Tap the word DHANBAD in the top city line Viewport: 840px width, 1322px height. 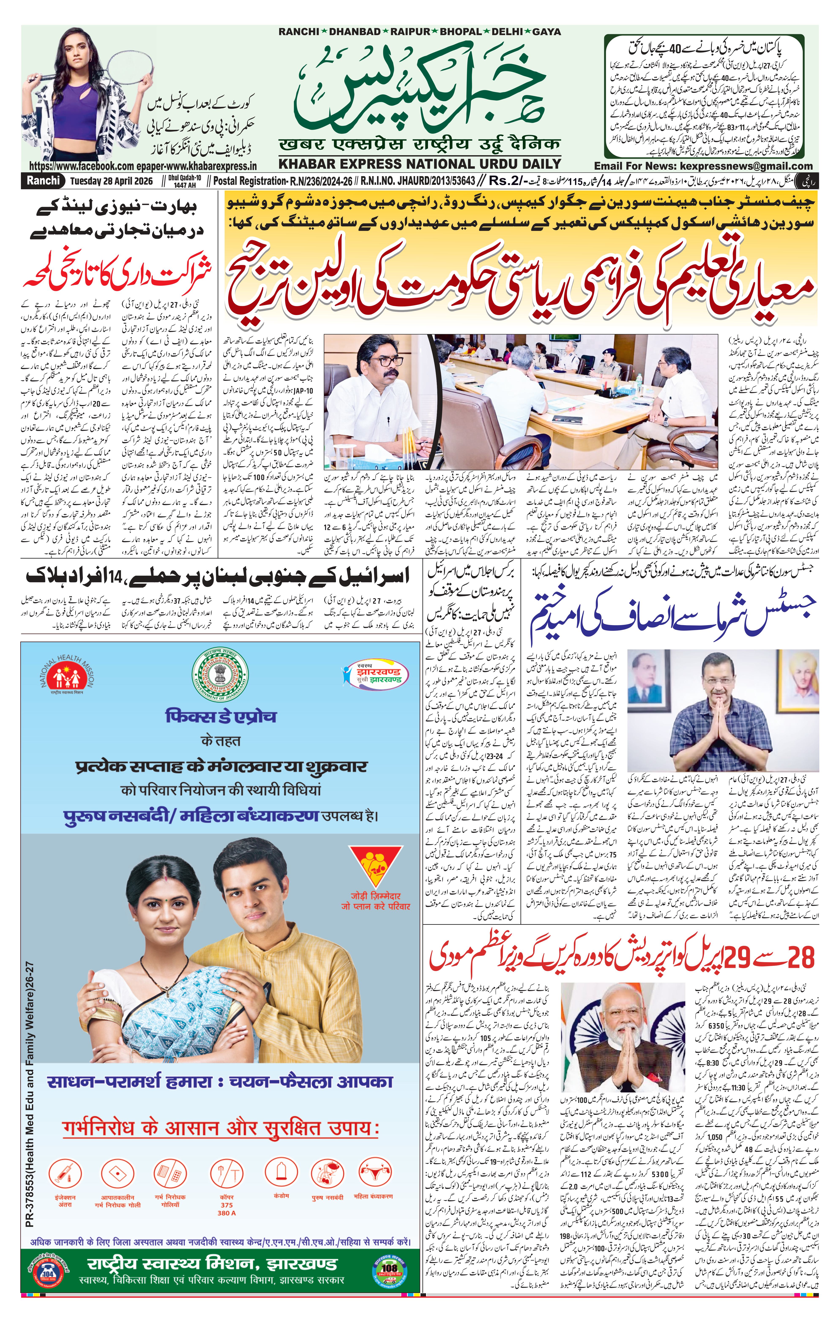coord(354,32)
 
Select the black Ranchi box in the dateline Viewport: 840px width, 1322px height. coord(43,181)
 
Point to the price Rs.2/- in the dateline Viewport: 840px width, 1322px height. coord(508,181)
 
